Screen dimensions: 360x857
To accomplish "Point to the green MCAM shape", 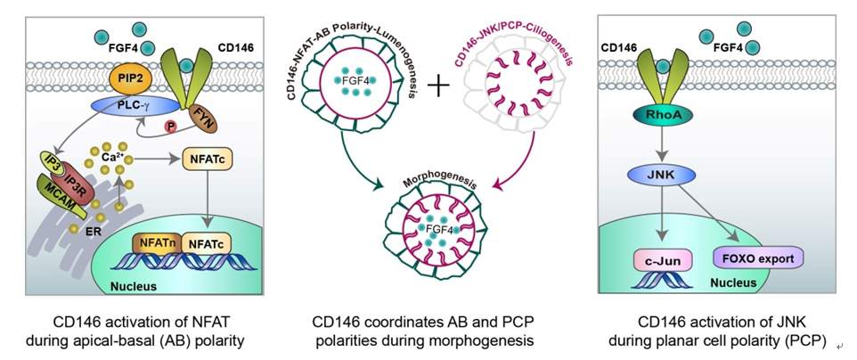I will pyautogui.click(x=58, y=187).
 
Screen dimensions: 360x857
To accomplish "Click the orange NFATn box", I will pyautogui.click(x=156, y=240).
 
